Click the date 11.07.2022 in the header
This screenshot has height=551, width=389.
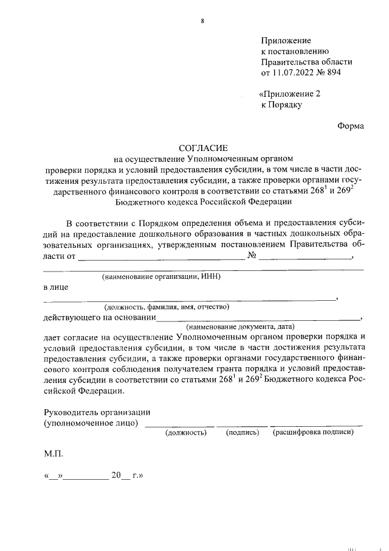[294, 72]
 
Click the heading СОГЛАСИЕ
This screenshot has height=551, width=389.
[203, 148]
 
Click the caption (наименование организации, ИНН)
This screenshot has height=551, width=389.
[161, 276]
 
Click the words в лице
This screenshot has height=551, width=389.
[56, 286]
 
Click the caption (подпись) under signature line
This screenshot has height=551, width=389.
[243, 432]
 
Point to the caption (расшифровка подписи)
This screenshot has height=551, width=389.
[314, 432]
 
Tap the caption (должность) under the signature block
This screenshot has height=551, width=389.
[186, 432]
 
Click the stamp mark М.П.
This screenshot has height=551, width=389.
[53, 454]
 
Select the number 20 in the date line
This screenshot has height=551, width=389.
[117, 476]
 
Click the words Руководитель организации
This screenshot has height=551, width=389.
[97, 412]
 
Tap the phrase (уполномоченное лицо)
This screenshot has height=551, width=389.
[91, 423]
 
